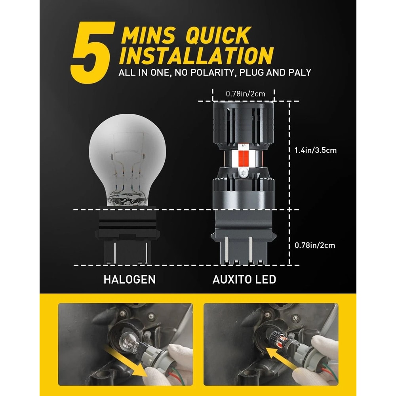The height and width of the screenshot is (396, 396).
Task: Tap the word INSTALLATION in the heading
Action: coord(196,55)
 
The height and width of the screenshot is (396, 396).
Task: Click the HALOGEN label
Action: coord(129,279)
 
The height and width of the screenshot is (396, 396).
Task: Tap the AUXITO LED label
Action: coord(244,279)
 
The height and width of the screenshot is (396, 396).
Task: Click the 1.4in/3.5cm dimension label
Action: coord(316,151)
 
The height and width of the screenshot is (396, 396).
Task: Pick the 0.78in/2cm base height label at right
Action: coord(315,245)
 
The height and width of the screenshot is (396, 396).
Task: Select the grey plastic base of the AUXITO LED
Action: coord(244,238)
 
